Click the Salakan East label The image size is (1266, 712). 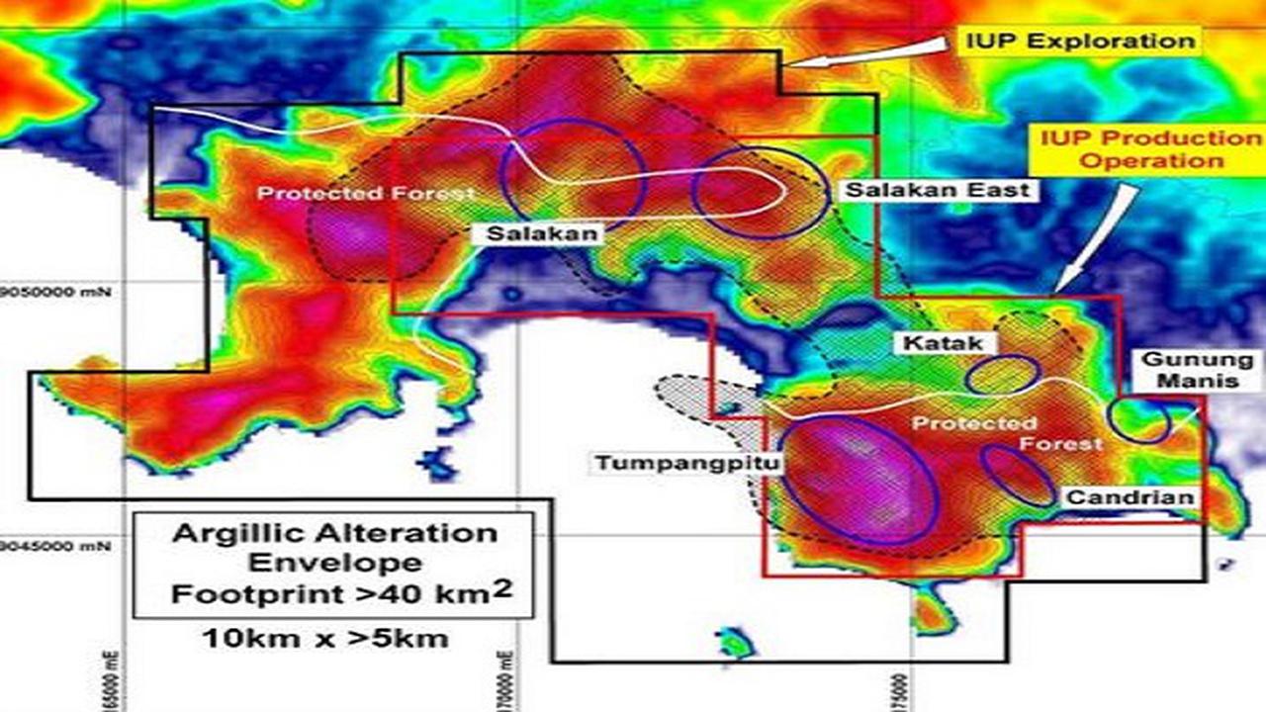click(x=937, y=190)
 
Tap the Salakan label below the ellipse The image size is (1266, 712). click(x=542, y=234)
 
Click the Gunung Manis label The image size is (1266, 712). click(x=1198, y=370)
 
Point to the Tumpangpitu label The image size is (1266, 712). click(x=686, y=463)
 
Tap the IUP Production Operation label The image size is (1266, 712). click(x=1150, y=149)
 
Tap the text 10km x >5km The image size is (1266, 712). click(x=325, y=638)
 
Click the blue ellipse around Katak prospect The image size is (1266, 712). click(x=1003, y=375)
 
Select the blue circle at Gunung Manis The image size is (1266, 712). click(x=1137, y=419)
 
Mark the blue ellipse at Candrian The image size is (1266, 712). click(x=1019, y=476)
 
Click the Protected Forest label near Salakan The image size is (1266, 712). click(x=366, y=193)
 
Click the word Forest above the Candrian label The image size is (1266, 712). click(x=1062, y=444)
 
